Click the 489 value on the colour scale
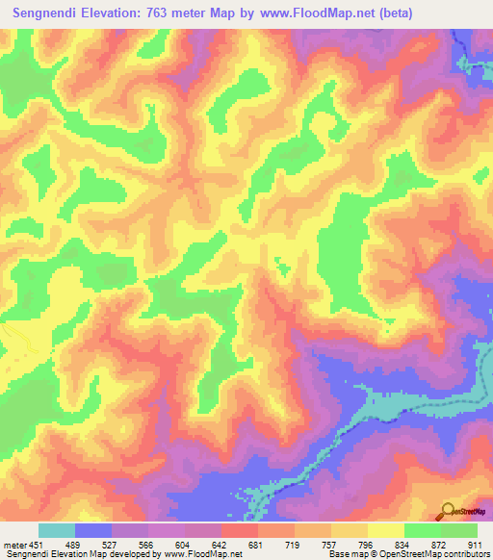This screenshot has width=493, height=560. [73, 545]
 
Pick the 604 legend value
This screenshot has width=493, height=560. [184, 545]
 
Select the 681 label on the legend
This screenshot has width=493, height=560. [257, 545]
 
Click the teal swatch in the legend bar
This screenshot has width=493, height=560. [57, 530]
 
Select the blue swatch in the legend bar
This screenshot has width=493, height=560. [93, 530]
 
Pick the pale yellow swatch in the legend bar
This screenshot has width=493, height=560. [385, 530]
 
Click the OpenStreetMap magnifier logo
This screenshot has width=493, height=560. [449, 512]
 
